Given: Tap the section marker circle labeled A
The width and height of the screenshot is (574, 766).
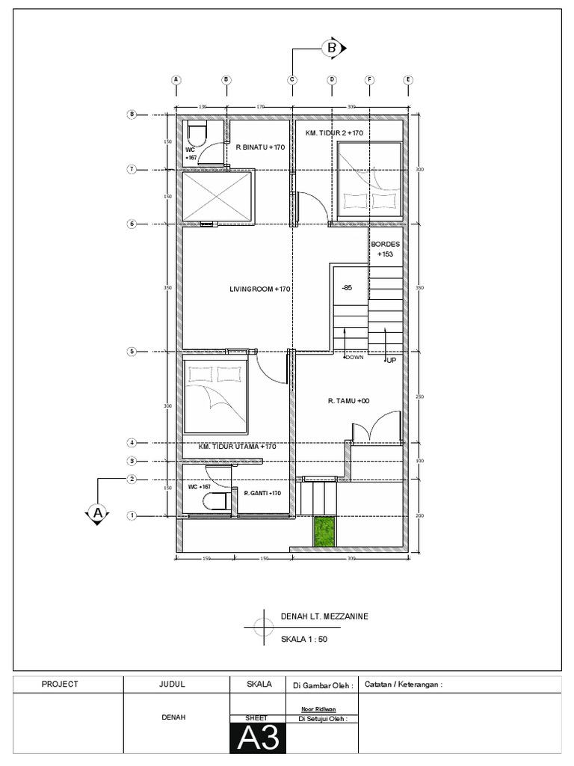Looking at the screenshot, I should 96,513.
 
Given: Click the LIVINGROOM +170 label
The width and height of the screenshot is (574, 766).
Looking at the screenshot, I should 259,289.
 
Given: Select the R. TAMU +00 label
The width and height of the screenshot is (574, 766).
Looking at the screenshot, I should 348,401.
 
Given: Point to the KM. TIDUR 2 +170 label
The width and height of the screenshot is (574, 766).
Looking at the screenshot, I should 334,132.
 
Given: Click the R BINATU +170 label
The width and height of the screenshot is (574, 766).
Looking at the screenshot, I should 260,147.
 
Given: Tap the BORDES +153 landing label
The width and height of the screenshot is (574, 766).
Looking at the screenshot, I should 385,249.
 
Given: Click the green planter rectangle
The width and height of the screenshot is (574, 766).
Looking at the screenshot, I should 323,532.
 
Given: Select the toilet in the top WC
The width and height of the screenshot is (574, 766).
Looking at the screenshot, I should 197,135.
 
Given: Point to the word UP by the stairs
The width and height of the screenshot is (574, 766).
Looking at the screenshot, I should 390,361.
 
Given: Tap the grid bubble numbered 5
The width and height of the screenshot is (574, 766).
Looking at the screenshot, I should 132,352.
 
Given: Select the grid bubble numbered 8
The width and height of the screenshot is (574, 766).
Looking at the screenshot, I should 132,114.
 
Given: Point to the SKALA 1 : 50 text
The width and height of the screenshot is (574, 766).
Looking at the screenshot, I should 303,640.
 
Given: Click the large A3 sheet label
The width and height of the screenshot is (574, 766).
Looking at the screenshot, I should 258,739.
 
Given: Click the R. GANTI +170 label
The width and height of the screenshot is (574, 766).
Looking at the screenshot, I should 262,493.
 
